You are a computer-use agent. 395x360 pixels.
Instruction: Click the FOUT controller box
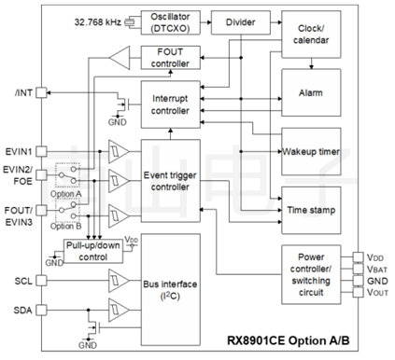(x=170, y=58)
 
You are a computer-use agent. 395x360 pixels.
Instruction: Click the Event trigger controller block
(x=170, y=180)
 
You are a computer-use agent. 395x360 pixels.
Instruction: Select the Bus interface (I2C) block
(x=170, y=290)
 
